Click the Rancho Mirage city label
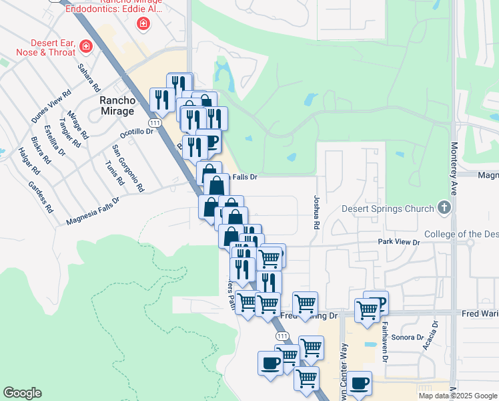click(117, 106)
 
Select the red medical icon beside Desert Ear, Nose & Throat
click(85, 47)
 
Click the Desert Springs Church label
click(388, 209)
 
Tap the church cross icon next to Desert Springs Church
click(444, 208)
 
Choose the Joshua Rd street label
click(316, 212)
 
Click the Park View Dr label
click(398, 241)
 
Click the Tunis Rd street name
click(115, 172)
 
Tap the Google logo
click(22, 393)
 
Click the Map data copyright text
click(458, 396)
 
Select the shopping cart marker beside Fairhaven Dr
click(367, 311)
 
